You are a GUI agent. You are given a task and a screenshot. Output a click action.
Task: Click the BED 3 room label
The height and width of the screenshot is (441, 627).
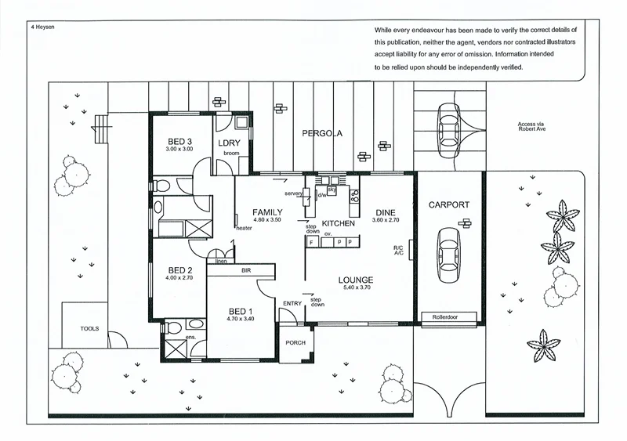179,142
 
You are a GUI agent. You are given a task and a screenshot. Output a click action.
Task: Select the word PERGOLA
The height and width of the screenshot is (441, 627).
323,133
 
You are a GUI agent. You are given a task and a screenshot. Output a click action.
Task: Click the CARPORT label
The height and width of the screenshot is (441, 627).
448,205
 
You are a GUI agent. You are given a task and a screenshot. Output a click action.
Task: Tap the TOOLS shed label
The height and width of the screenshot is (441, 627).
90,328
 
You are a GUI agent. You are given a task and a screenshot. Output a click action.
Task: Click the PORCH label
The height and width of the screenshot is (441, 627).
295,342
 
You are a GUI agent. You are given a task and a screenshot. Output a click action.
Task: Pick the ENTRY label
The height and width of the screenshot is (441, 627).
292,304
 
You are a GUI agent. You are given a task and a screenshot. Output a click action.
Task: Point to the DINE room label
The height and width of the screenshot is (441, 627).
386,212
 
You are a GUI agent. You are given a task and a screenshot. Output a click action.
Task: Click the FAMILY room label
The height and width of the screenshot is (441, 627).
266,212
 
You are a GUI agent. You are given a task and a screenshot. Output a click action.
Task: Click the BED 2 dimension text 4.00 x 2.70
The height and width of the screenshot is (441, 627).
179,277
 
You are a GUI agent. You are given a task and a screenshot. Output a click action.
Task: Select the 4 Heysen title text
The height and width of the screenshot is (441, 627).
42,26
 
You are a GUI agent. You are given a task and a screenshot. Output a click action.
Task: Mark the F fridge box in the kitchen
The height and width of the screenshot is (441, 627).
311,243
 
